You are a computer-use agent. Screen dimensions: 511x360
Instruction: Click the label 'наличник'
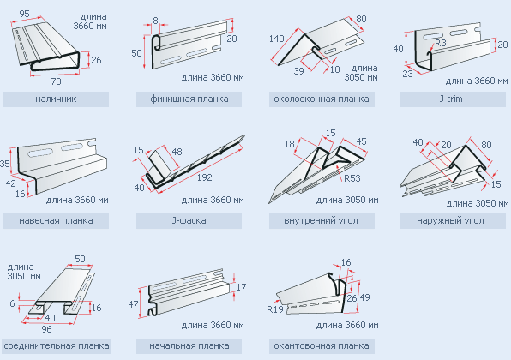pyautogui.click(x=56, y=99)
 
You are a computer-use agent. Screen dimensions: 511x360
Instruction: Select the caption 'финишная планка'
pyautogui.click(x=189, y=99)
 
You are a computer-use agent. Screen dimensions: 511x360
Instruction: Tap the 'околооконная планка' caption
pyautogui.click(x=322, y=99)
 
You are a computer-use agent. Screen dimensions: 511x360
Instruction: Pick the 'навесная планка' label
pyautogui.click(x=56, y=220)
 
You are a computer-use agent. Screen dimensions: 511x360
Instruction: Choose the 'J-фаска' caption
pyautogui.click(x=189, y=220)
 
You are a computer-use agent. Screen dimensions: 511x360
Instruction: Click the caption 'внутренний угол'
pyautogui.click(x=321, y=220)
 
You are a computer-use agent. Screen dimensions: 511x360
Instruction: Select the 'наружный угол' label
pyautogui.click(x=450, y=220)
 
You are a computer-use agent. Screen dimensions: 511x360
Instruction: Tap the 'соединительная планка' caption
pyautogui.click(x=57, y=345)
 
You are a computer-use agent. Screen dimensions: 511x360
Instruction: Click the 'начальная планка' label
pyautogui.click(x=189, y=345)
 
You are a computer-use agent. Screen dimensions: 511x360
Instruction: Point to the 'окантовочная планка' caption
pyautogui.click(x=322, y=345)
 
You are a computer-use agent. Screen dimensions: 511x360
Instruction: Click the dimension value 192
pyautogui.click(x=204, y=177)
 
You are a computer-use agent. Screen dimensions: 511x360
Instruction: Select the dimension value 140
pyautogui.click(x=277, y=39)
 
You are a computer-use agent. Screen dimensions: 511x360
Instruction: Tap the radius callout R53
pyautogui.click(x=352, y=178)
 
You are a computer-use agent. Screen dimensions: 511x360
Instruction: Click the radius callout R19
pyautogui.click(x=275, y=309)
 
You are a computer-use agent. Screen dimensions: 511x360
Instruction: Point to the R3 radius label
pyautogui.click(x=441, y=43)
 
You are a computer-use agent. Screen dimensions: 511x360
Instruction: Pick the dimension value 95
pyautogui.click(x=25, y=14)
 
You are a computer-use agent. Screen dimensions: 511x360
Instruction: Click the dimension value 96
pyautogui.click(x=46, y=329)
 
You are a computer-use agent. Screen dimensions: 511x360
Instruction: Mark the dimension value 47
pyautogui.click(x=133, y=304)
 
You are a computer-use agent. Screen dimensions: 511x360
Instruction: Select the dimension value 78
pyautogui.click(x=56, y=81)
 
